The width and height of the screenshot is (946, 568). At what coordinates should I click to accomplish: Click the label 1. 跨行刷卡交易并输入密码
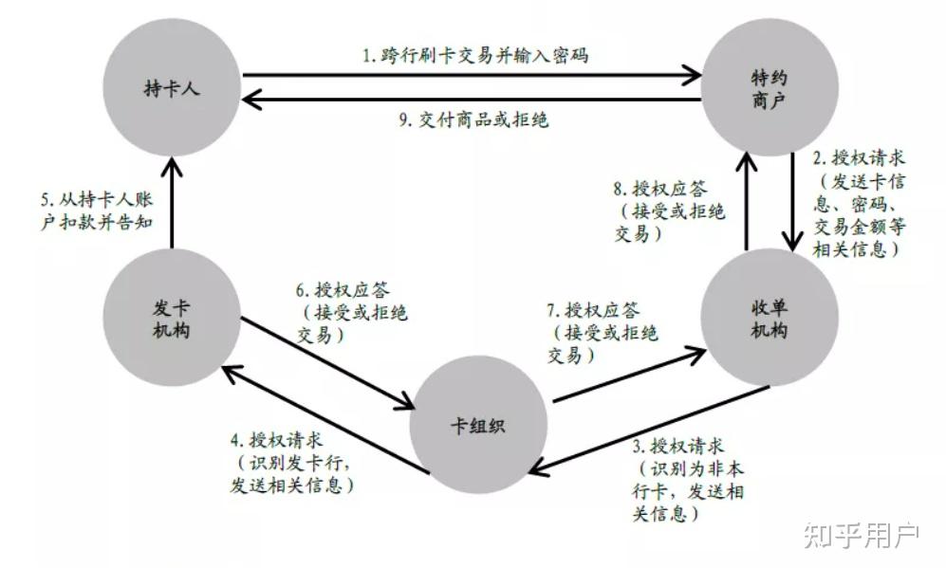pyautogui.click(x=474, y=55)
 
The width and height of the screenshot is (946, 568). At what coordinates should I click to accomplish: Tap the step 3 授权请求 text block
pyautogui.click(x=687, y=480)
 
